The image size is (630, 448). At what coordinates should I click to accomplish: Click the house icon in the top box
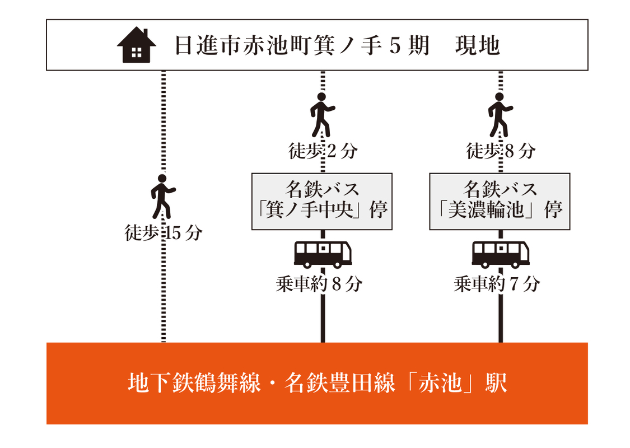pyautogui.click(x=136, y=45)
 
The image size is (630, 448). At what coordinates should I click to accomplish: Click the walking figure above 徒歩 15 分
pyautogui.click(x=163, y=196)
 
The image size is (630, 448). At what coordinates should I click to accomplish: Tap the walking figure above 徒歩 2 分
pyautogui.click(x=322, y=115)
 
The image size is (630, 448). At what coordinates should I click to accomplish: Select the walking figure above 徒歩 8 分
pyautogui.click(x=500, y=115)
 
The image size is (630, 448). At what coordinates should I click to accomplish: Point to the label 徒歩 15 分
pyautogui.click(x=163, y=232)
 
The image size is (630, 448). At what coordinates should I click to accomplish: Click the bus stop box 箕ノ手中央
pyautogui.click(x=322, y=201)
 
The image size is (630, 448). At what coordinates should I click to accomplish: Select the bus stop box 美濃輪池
pyautogui.click(x=500, y=201)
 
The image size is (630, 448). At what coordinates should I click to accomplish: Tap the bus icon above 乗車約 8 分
pyautogui.click(x=323, y=254)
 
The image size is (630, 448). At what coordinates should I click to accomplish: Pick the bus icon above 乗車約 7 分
pyautogui.click(x=501, y=254)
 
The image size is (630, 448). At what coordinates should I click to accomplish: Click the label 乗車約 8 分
pyautogui.click(x=319, y=284)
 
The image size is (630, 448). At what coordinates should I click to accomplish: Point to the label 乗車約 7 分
pyautogui.click(x=497, y=284)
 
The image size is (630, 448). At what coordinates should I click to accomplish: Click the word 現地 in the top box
pyautogui.click(x=478, y=45)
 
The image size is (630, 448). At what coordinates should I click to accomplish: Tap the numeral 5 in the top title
pyautogui.click(x=395, y=45)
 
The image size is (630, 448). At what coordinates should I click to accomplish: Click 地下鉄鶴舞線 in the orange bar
pyautogui.click(x=194, y=382)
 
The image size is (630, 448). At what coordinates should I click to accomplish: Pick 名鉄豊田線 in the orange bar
pyautogui.click(x=340, y=382)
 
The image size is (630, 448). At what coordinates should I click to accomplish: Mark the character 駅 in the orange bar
pyautogui.click(x=496, y=382)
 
